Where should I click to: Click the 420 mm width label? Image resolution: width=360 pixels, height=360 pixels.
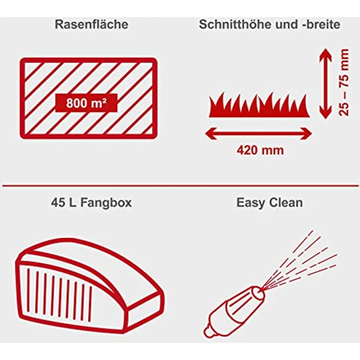(x=260, y=150)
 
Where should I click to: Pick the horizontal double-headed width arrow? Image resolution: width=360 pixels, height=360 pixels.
(x=258, y=132)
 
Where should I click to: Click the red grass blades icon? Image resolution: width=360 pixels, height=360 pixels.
(x=259, y=106)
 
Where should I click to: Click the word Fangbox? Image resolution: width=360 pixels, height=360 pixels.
(x=106, y=203)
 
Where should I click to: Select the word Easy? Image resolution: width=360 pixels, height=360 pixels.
(x=250, y=203)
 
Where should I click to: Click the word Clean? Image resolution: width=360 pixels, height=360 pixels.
(x=286, y=203)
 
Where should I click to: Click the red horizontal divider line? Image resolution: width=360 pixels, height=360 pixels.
(x=180, y=185)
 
